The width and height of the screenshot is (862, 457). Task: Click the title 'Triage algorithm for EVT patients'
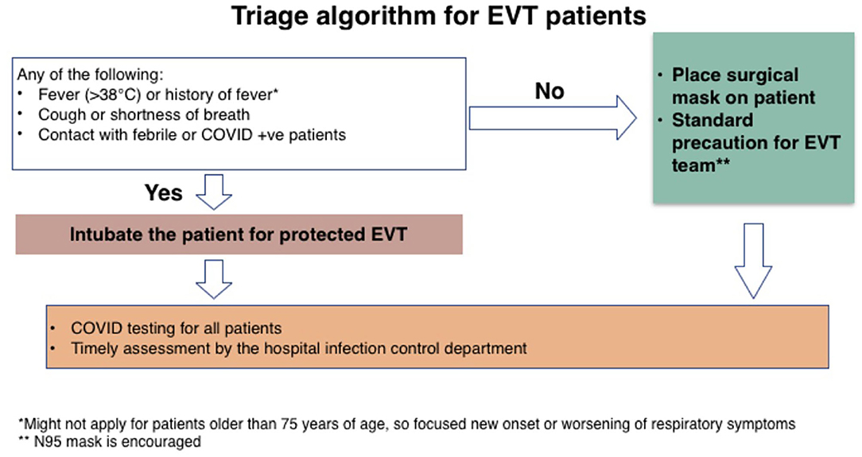tap(439, 16)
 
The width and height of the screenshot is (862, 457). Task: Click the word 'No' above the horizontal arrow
tap(549, 91)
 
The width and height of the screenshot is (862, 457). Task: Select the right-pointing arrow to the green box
tap(553, 118)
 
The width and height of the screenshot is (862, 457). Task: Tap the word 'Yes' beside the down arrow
tap(163, 193)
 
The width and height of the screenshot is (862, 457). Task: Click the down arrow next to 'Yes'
tap(214, 192)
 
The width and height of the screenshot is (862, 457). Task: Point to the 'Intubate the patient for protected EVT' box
tap(239, 234)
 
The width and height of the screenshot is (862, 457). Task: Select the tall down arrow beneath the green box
tap(753, 261)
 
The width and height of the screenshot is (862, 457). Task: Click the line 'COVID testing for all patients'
tap(176, 328)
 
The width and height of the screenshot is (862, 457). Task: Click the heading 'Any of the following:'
tap(90, 74)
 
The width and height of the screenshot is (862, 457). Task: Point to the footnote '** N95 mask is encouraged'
tap(110, 442)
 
